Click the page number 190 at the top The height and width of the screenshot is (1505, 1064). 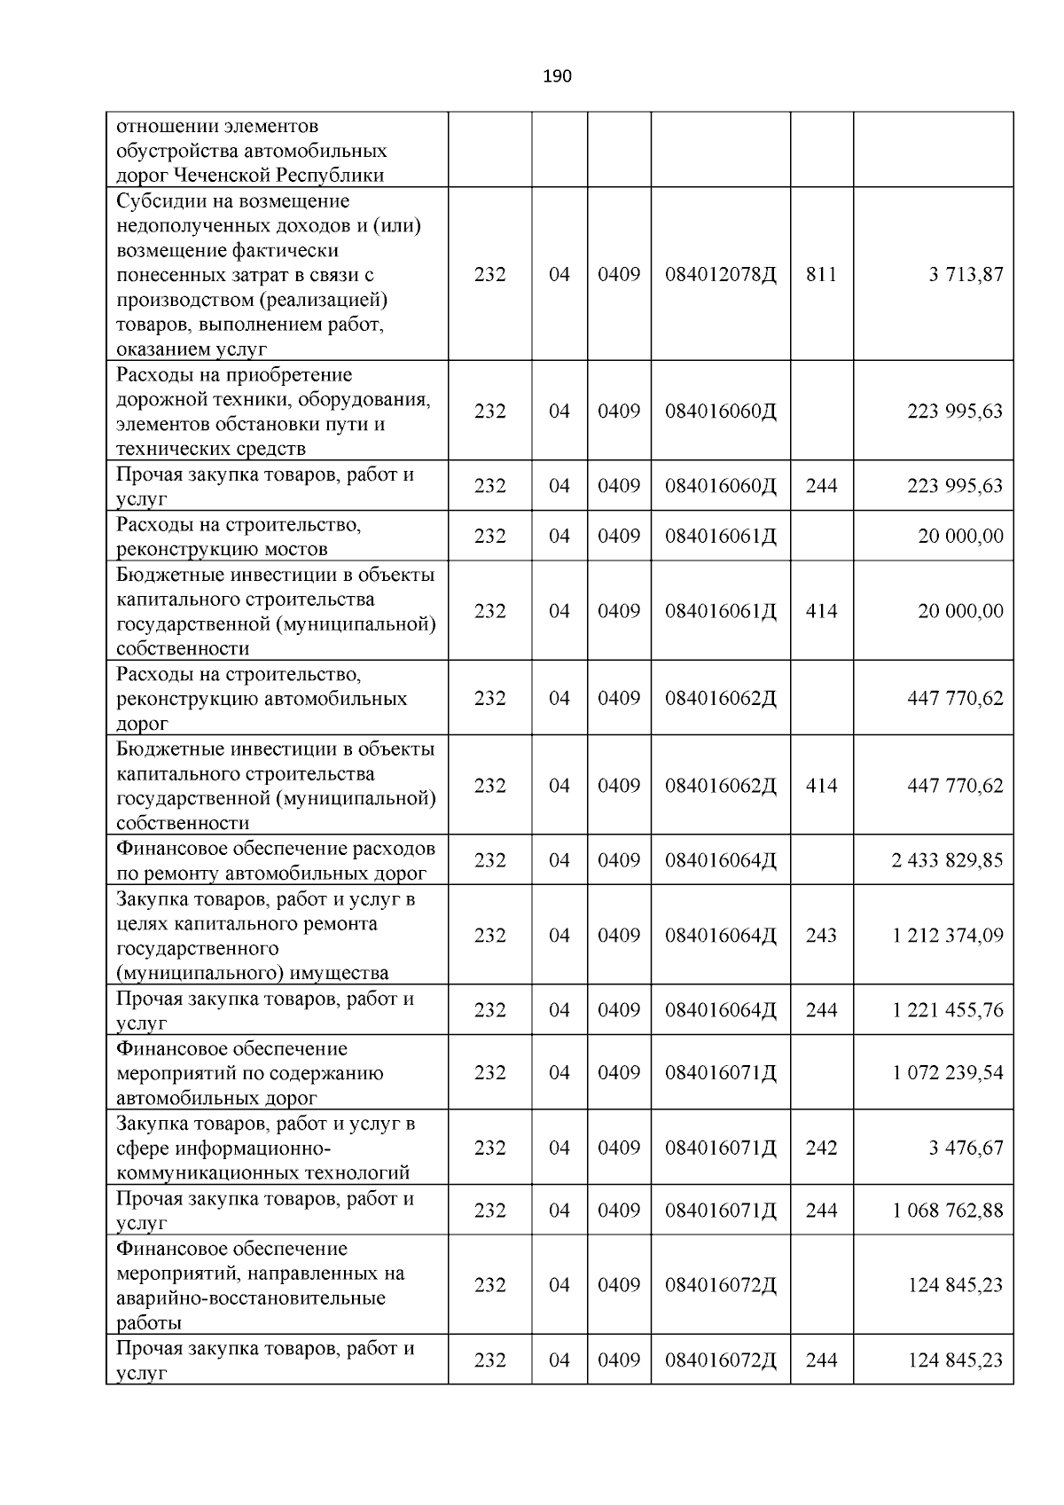tap(557, 76)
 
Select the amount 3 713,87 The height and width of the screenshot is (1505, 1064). tap(966, 274)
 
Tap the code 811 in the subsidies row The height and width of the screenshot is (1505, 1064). tap(821, 274)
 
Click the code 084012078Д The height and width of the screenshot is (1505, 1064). tap(720, 274)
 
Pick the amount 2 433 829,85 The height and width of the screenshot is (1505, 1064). tap(948, 860)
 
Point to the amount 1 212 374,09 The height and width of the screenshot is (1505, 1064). tap(948, 936)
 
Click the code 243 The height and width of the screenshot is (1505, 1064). tap(821, 936)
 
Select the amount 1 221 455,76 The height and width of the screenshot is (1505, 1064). tap(948, 1010)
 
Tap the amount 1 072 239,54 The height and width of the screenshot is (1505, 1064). tap(948, 1073)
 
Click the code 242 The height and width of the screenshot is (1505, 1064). tap(821, 1148)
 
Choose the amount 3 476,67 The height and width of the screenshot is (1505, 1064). tap(966, 1148)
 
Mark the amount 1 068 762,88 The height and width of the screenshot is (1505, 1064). tap(948, 1211)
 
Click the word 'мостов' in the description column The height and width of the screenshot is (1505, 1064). tap(298, 549)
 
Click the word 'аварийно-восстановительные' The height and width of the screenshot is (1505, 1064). tap(251, 1298)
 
